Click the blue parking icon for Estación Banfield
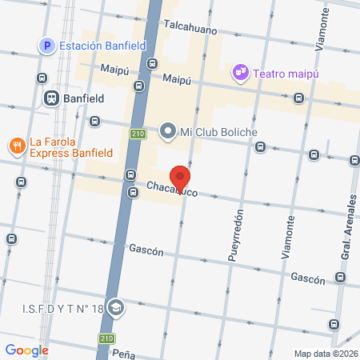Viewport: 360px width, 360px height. coord(47,46)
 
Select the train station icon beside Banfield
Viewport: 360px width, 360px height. coord(50,98)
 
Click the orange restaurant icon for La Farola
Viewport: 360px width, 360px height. coord(16,145)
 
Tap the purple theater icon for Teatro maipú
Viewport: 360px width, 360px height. coord(240,74)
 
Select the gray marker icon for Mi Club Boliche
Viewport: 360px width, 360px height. coord(168,130)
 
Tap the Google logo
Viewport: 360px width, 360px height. coord(26,350)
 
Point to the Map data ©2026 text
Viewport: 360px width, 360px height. coord(325,354)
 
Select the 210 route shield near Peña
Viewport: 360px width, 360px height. coord(107,338)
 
